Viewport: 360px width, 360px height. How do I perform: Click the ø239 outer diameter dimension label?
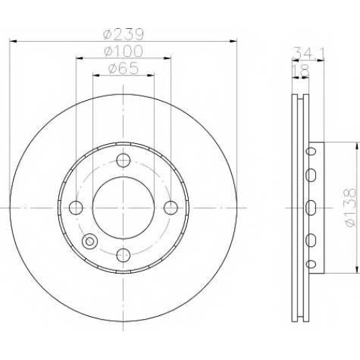click(123, 35)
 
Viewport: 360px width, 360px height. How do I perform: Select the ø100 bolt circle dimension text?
click(123, 51)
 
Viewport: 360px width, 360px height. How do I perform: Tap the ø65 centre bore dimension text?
click(123, 68)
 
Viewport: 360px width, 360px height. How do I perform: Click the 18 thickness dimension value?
click(300, 71)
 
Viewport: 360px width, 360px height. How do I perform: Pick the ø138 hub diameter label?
click(349, 207)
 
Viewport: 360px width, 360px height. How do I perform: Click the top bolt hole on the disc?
click(123, 160)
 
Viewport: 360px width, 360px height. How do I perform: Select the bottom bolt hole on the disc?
click(123, 255)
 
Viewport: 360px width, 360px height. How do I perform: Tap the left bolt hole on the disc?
click(76, 207)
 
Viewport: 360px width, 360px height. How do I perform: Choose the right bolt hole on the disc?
click(171, 207)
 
